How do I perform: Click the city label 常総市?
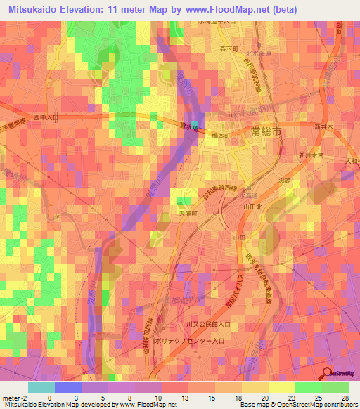[x=266, y=131]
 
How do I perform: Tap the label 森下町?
[x=230, y=48]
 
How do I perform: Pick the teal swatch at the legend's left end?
[x=41, y=387]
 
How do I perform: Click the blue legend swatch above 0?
[x=68, y=387]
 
